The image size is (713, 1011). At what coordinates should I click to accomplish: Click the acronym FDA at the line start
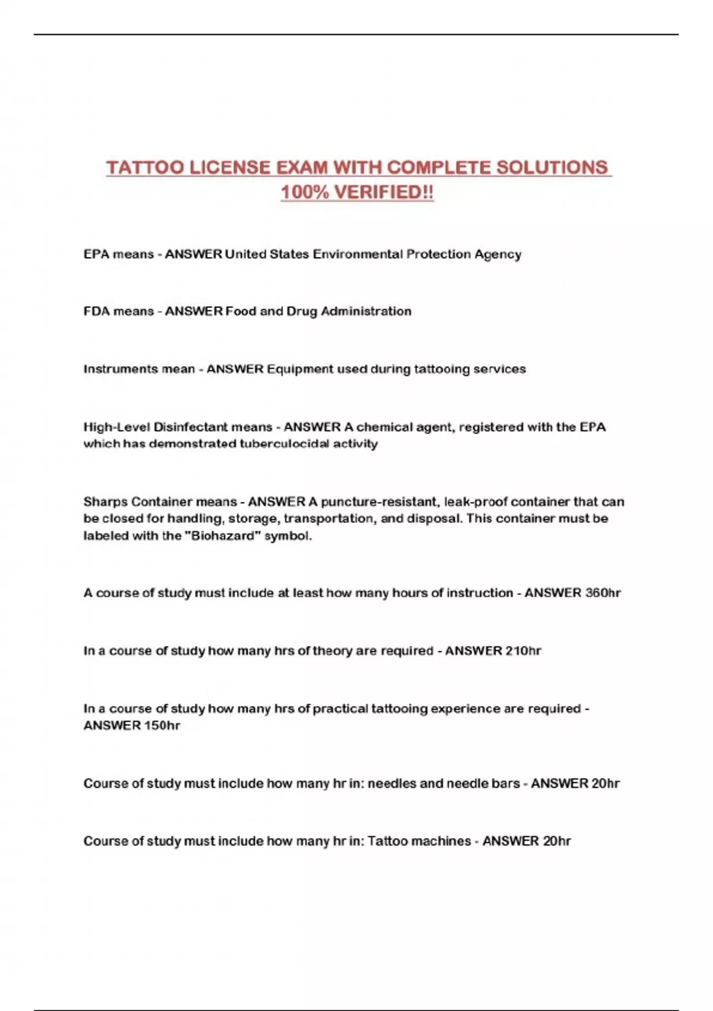(x=96, y=312)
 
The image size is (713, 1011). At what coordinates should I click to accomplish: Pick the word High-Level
(x=116, y=427)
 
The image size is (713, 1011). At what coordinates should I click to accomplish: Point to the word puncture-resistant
(x=378, y=502)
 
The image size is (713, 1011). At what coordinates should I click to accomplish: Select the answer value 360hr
(x=603, y=593)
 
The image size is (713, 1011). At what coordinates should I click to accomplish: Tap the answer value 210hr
(x=523, y=651)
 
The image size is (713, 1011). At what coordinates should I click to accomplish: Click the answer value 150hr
(x=162, y=726)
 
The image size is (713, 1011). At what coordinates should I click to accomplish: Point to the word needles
(x=392, y=784)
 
